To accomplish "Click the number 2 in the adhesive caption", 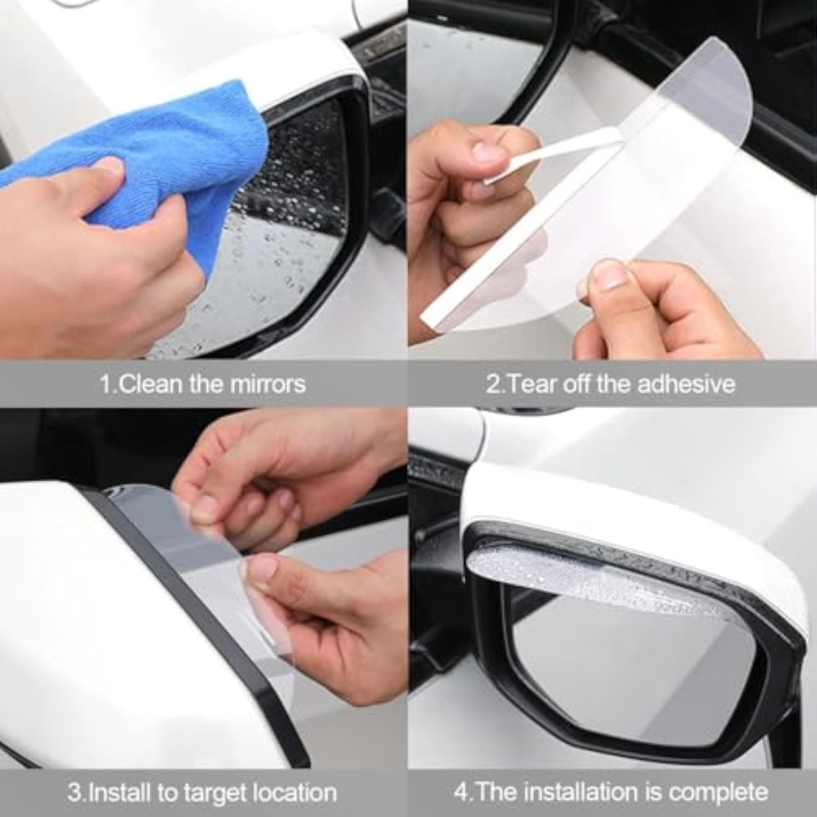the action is [x=492, y=384].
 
